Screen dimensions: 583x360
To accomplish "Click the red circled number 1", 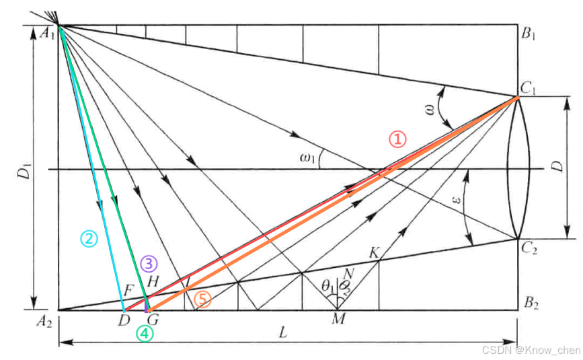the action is coord(398,139).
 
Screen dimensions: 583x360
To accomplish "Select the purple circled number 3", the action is coord(149,264).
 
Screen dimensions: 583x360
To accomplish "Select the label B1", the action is coord(530,34).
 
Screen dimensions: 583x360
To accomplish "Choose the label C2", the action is coord(530,248).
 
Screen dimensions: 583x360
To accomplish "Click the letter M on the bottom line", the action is coord(338,319).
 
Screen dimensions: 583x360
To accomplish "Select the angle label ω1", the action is coord(308,158).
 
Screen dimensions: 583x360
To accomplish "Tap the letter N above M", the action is coord(348,274).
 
